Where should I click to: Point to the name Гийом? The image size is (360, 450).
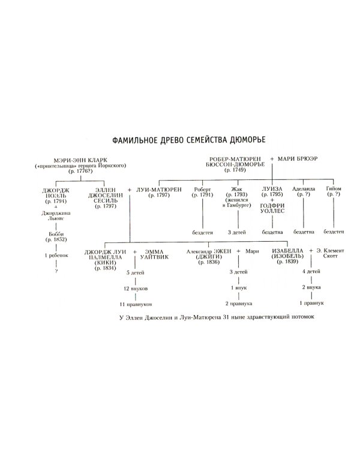[334, 190]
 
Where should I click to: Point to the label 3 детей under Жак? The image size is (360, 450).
[235, 231]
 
